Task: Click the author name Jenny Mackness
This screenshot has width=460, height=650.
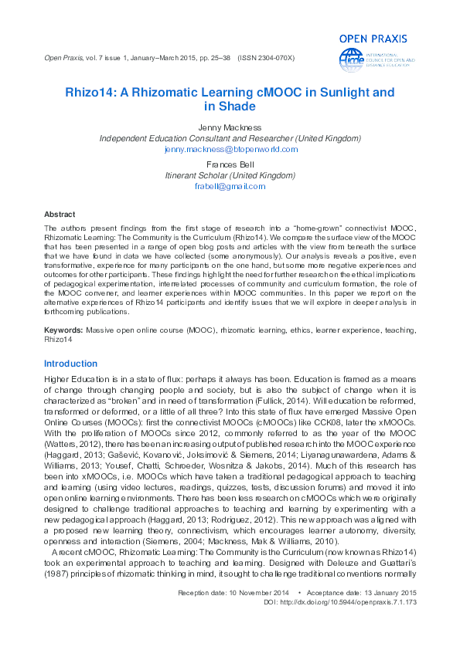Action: (230, 127)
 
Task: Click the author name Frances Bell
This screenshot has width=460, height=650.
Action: (230, 164)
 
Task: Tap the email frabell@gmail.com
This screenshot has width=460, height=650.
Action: (230, 186)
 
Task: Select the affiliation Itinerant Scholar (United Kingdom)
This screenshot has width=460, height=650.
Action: (230, 175)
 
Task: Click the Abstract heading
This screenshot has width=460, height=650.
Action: (60, 214)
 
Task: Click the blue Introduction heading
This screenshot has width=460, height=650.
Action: (71, 364)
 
